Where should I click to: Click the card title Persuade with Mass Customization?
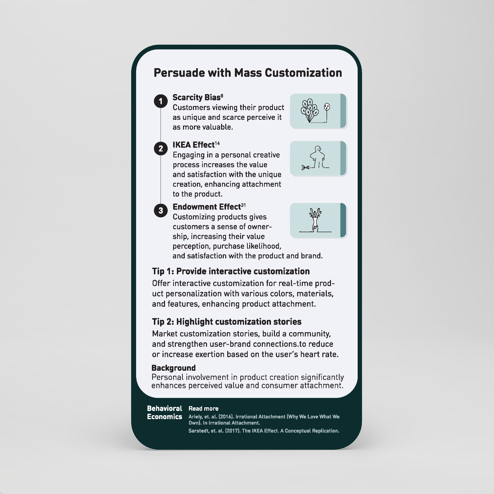(x=247, y=73)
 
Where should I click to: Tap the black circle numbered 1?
(x=161, y=102)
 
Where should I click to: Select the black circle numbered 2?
(x=161, y=148)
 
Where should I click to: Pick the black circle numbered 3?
(x=161, y=210)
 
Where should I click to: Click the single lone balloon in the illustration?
(x=327, y=107)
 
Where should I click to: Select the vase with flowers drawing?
(x=315, y=220)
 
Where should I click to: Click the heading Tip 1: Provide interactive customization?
(x=231, y=271)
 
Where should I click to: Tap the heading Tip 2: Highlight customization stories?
(x=226, y=322)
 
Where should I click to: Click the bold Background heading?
(x=173, y=368)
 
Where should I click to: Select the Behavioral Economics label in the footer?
(x=165, y=412)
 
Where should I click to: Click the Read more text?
(x=203, y=409)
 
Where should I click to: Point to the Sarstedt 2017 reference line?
(x=264, y=431)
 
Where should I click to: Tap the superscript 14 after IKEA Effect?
(x=217, y=143)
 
